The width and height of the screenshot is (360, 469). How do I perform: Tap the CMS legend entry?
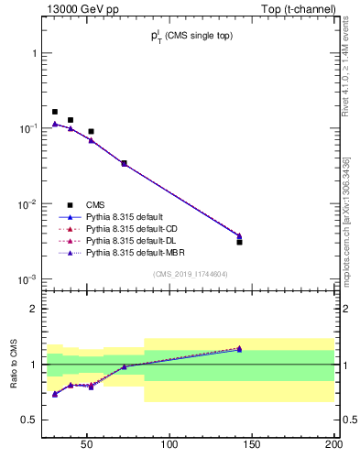[96, 205]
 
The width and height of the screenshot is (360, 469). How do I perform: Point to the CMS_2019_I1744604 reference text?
[190, 274]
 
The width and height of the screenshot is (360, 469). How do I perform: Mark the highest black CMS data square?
[55, 112]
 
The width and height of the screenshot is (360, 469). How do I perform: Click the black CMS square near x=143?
[239, 242]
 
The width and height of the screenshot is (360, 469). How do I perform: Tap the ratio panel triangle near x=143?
[239, 348]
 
